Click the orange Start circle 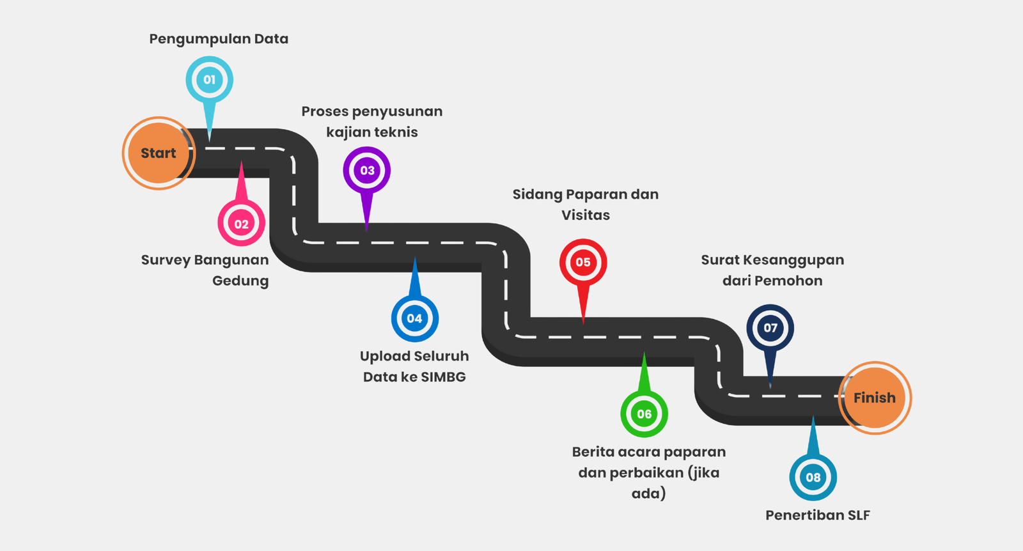[x=159, y=153]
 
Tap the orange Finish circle [x=875, y=398]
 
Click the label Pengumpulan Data [x=219, y=39]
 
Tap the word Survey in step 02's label [x=166, y=260]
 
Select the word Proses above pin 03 [x=325, y=111]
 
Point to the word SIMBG [x=443, y=377]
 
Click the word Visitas [x=586, y=215]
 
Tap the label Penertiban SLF [x=818, y=515]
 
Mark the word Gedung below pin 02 [x=240, y=281]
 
